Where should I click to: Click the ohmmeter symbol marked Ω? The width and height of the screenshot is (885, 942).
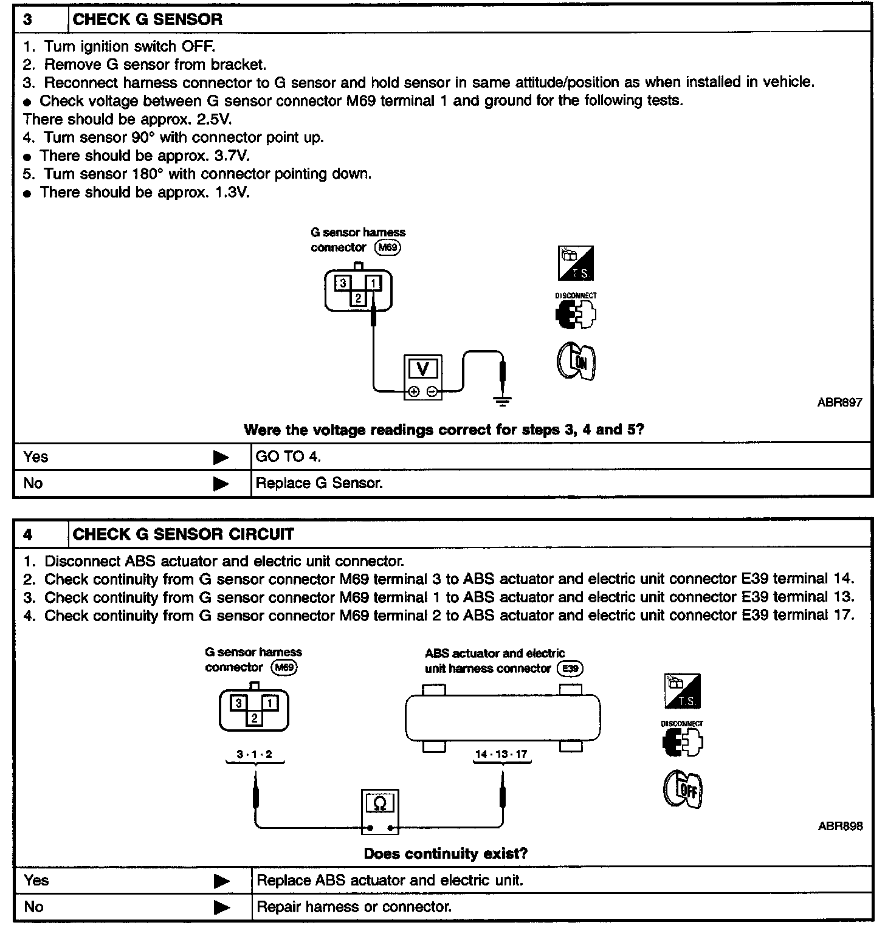[x=380, y=804]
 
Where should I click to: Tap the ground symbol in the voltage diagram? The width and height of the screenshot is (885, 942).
[x=503, y=400]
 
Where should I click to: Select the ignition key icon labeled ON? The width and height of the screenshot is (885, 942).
[x=576, y=362]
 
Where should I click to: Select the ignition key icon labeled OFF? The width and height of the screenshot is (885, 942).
[x=683, y=790]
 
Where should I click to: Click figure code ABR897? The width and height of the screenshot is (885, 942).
[x=839, y=402]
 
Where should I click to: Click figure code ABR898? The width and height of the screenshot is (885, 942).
[x=839, y=826]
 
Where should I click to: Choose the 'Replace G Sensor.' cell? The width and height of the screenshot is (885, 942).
[x=319, y=483]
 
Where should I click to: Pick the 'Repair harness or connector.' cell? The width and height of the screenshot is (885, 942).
[x=354, y=907]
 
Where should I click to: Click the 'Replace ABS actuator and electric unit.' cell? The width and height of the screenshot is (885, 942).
[x=389, y=880]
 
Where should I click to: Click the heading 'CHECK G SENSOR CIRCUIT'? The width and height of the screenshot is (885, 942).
[x=183, y=534]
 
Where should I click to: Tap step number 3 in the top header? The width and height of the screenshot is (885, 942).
[x=29, y=19]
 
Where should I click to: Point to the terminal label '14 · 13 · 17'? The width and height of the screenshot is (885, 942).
[x=501, y=754]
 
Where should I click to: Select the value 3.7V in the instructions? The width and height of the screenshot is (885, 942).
[x=232, y=156]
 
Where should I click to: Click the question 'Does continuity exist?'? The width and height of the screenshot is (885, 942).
[x=446, y=853]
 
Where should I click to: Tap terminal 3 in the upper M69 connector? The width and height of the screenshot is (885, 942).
[x=343, y=283]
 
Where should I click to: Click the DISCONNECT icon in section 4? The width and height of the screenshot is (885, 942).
[x=682, y=739]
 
